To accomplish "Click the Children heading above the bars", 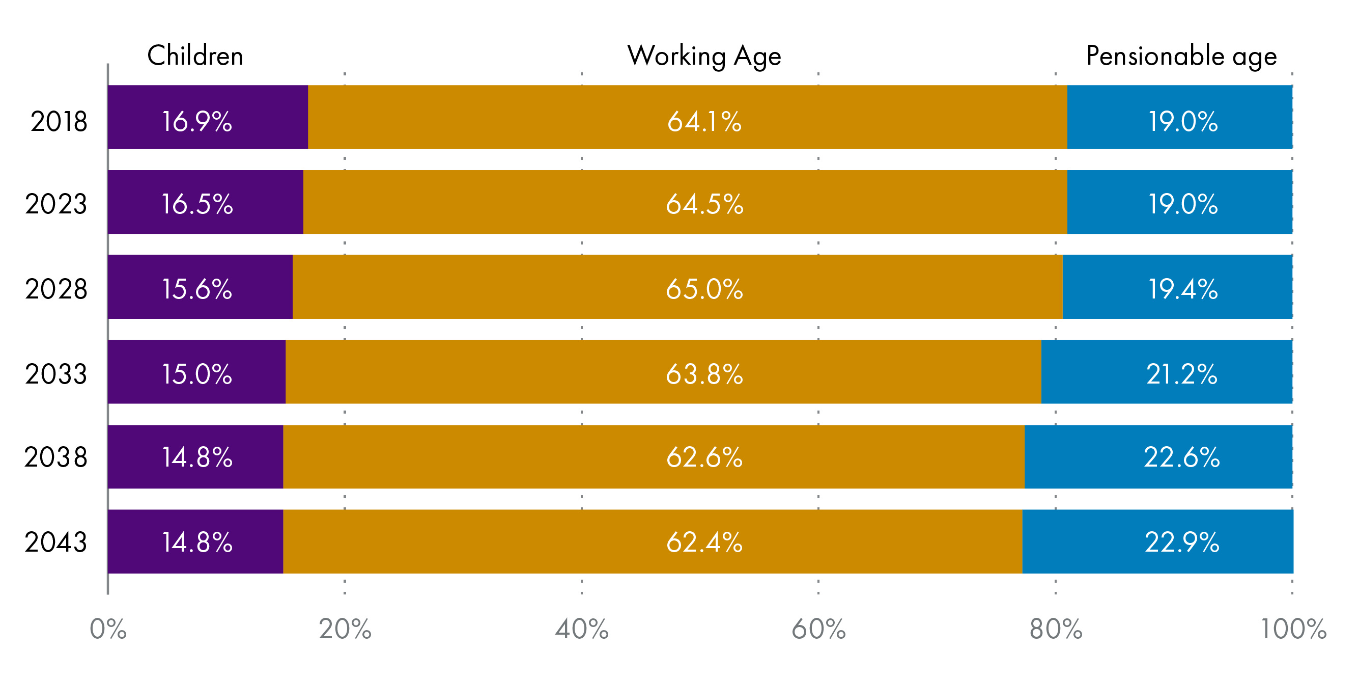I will (195, 56).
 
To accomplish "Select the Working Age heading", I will (704, 56).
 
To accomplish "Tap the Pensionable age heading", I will (1181, 56).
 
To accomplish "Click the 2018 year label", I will (59, 122).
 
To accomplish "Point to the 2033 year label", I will (56, 374).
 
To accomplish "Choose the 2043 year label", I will (56, 542).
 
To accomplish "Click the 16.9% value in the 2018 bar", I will (196, 122).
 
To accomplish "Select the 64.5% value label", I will (704, 204).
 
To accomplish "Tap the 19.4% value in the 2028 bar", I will (1183, 289).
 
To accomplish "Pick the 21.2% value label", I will (1181, 374).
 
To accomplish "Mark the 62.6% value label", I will (704, 457).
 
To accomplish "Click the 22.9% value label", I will (1182, 542).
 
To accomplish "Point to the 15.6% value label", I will (196, 289).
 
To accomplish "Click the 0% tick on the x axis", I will (108, 630).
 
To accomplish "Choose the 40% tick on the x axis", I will (581, 630).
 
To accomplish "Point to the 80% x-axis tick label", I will (1056, 630).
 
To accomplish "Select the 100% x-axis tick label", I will (1293, 630).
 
